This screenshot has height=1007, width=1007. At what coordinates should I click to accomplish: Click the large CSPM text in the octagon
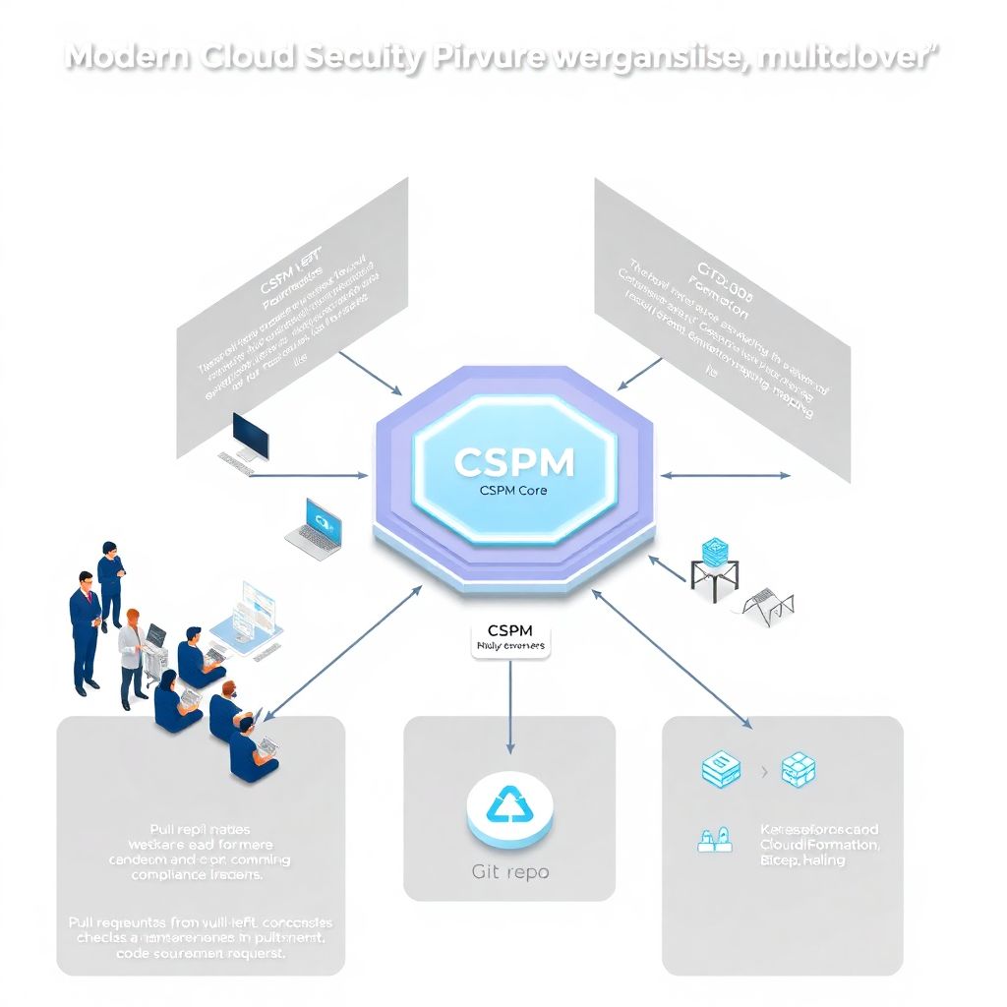[x=514, y=462]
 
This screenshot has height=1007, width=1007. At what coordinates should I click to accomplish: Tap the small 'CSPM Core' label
[x=513, y=490]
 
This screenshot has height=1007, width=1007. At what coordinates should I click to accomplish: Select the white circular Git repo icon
[x=509, y=810]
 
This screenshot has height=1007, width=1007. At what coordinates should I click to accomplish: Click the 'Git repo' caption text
[x=509, y=871]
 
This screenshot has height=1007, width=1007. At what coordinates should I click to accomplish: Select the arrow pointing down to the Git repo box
[x=509, y=708]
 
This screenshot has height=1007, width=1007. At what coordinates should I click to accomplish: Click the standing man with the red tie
[x=85, y=629]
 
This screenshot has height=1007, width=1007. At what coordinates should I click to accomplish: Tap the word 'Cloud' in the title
[x=248, y=57]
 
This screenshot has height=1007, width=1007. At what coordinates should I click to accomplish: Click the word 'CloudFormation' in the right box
[x=820, y=844]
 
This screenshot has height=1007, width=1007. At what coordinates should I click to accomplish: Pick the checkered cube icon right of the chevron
[x=799, y=770]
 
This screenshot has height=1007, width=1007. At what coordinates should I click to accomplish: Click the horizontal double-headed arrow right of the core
[x=725, y=475]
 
